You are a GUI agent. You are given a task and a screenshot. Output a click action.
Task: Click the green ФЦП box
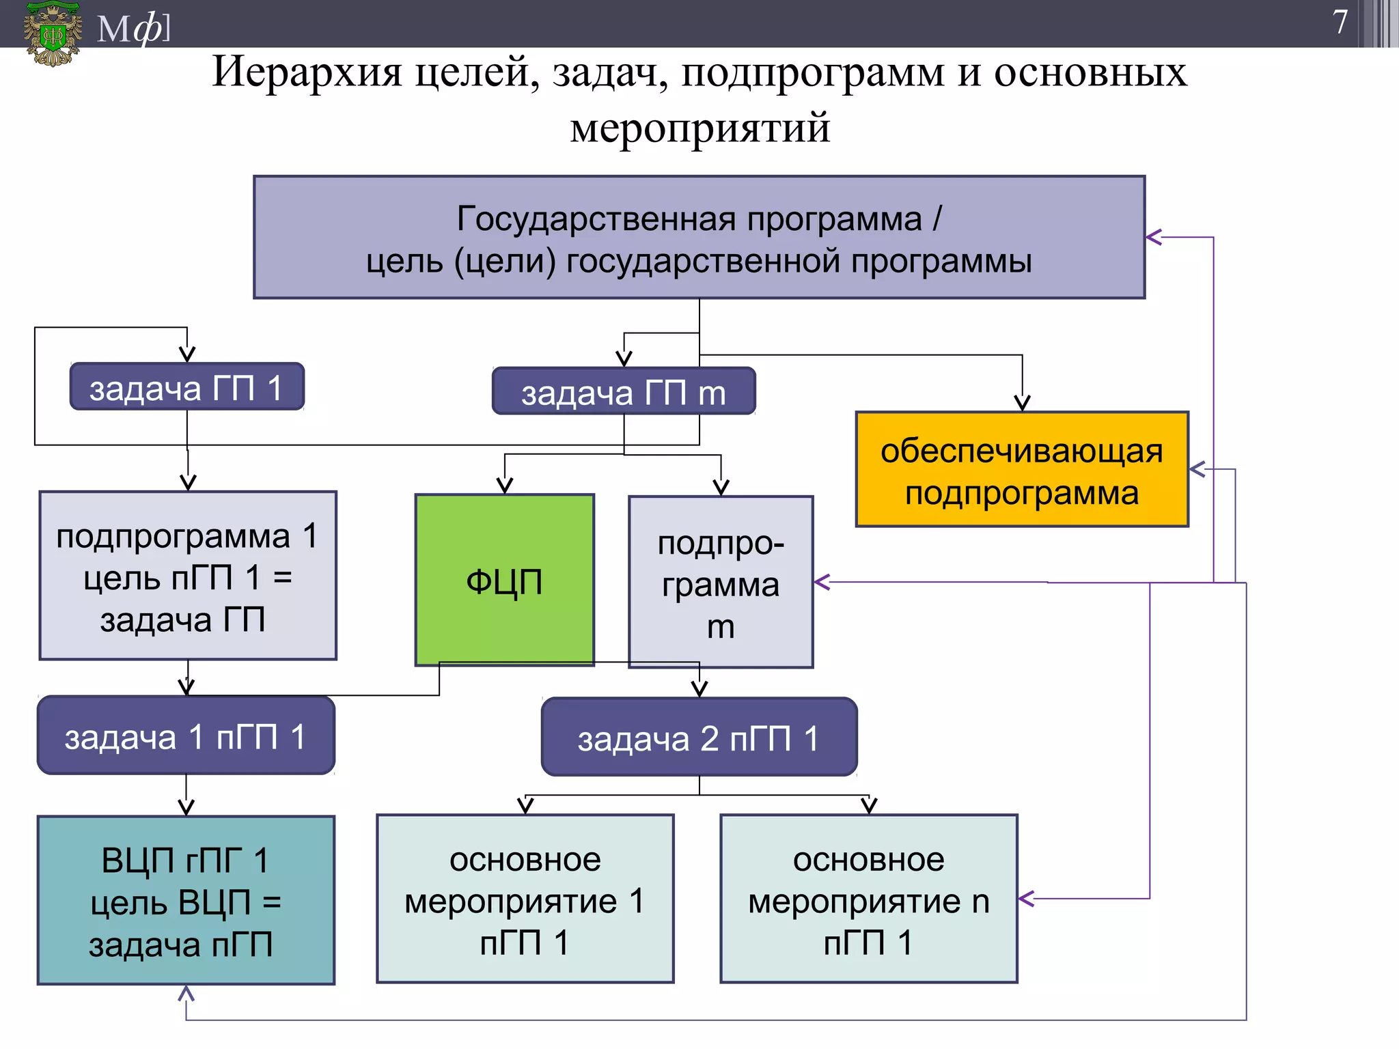pos(504,581)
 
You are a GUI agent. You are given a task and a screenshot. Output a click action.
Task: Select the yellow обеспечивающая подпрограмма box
pos(1022,470)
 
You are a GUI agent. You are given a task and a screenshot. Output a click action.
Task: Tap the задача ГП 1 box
pos(186,387)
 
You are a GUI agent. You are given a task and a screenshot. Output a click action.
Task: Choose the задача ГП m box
pos(624,392)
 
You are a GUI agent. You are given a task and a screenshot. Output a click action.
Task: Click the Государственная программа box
pos(699,238)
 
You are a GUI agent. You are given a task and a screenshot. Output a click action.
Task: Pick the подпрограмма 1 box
pos(188,576)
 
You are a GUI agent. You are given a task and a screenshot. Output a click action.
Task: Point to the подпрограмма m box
pos(721,582)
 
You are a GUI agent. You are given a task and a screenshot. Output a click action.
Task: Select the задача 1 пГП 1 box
pos(186,736)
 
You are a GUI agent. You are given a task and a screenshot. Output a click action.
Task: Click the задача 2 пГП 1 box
pos(699,738)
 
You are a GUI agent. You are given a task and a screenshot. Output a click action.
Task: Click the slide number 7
pos(1340,22)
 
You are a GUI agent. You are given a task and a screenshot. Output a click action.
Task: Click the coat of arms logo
pos(52,33)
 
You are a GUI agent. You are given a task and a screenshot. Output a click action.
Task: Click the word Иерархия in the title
pos(307,72)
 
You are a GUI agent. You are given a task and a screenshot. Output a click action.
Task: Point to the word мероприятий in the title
pos(699,128)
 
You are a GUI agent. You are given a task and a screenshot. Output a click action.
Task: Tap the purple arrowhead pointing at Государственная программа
pos(1154,238)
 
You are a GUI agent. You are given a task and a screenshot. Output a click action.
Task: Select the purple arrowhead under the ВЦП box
pos(186,994)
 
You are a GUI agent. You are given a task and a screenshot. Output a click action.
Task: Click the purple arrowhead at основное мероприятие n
pos(1026,899)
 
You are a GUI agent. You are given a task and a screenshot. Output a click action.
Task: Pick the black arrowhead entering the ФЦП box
pos(505,486)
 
